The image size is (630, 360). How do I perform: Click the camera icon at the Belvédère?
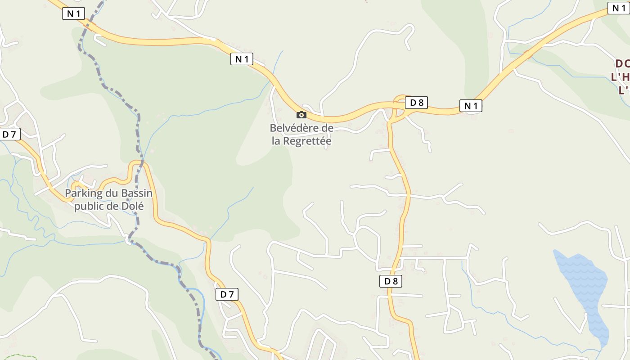pos(301,115)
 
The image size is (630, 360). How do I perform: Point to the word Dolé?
pos(133,206)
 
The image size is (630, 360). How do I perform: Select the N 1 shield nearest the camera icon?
pos(242,59)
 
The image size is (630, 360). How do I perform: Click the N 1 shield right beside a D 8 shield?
pos(471,106)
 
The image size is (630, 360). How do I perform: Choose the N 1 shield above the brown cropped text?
pos(618,8)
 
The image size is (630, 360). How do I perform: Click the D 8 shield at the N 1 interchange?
pos(416,103)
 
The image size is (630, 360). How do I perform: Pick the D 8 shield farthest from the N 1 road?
pos(390,281)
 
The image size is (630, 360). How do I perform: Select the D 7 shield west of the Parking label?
pos(10,134)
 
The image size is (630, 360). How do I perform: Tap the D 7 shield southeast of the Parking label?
pos(227,294)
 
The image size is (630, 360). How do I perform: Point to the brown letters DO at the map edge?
pos(622,63)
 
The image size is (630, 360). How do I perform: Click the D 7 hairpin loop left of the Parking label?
pos(76,185)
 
